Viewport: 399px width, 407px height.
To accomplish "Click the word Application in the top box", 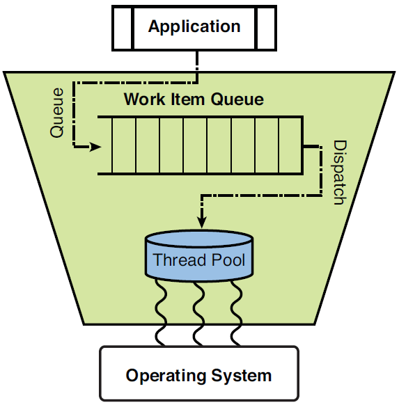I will point(194,27).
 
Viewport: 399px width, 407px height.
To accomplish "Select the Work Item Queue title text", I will point(194,99).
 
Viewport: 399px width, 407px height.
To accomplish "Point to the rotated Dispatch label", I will point(339,173).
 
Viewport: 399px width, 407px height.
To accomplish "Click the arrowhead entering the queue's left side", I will point(97,147).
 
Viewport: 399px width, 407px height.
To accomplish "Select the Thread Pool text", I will point(199,261).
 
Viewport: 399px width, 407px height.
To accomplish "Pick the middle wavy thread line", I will point(200,313).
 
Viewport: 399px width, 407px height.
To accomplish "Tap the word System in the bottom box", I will point(243,376).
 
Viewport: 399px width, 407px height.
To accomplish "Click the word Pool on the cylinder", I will point(229,261).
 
